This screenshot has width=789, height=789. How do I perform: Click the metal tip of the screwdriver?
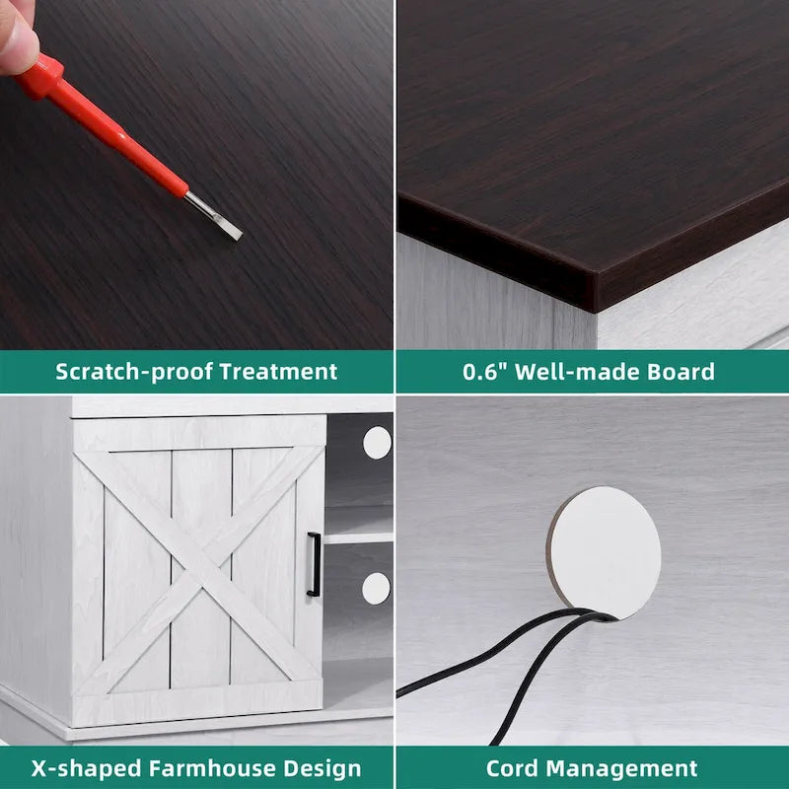coord(214,216)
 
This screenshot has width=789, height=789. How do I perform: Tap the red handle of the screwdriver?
coord(101,126)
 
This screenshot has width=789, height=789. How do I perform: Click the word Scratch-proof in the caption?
coord(134,372)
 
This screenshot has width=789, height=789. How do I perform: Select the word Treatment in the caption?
coord(278,372)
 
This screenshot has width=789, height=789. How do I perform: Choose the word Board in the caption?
coord(681,372)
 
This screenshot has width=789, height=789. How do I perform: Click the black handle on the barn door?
coord(314,564)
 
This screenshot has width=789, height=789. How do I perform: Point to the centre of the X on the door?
coord(200,570)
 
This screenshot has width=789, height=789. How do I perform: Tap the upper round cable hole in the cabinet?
coord(378,443)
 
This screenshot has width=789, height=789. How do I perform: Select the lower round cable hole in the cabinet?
coord(377,588)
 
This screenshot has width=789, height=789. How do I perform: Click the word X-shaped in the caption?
coord(87,768)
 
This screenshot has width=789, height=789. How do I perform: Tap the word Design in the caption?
coord(323,768)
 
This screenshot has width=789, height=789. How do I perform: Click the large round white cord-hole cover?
coord(604,552)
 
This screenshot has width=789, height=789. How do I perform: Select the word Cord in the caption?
coord(513,768)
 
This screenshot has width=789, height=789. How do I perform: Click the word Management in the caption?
coord(622,768)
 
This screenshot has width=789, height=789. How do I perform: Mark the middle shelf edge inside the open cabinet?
coord(358,538)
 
